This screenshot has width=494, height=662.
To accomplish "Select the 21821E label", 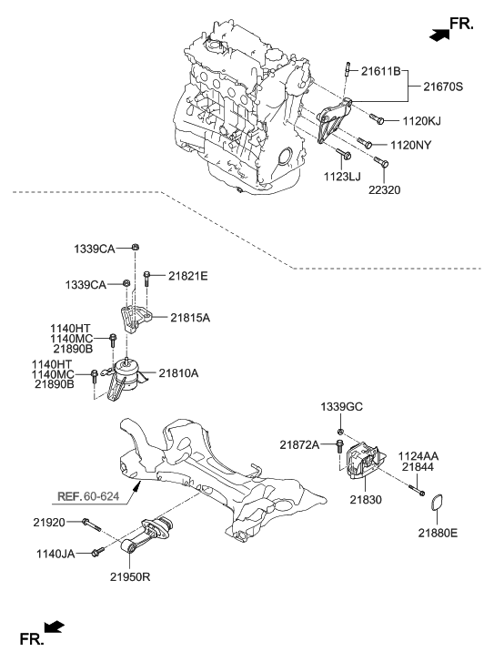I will (187, 276).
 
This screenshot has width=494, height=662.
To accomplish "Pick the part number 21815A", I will (191, 318).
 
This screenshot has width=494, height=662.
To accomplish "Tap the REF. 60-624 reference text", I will (91, 497).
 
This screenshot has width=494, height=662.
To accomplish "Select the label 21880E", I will (439, 532).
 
